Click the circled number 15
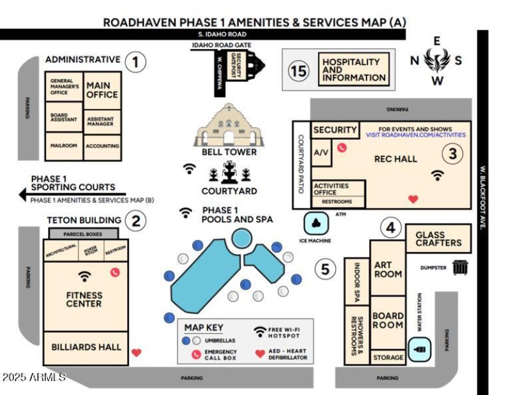point(298,70)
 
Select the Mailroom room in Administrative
point(64,145)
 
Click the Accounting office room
point(102,145)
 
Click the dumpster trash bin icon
point(460,267)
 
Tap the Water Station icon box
point(420,350)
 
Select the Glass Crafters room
point(438,238)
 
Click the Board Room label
point(388,320)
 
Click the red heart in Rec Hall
point(413,199)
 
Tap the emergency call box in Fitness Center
point(115,272)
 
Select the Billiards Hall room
point(86,347)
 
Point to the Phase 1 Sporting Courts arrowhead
point(23,193)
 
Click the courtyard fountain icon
point(229,173)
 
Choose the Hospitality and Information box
point(354,70)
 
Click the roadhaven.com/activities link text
point(415,135)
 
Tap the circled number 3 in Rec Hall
point(452,154)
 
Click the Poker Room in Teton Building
point(90,251)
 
